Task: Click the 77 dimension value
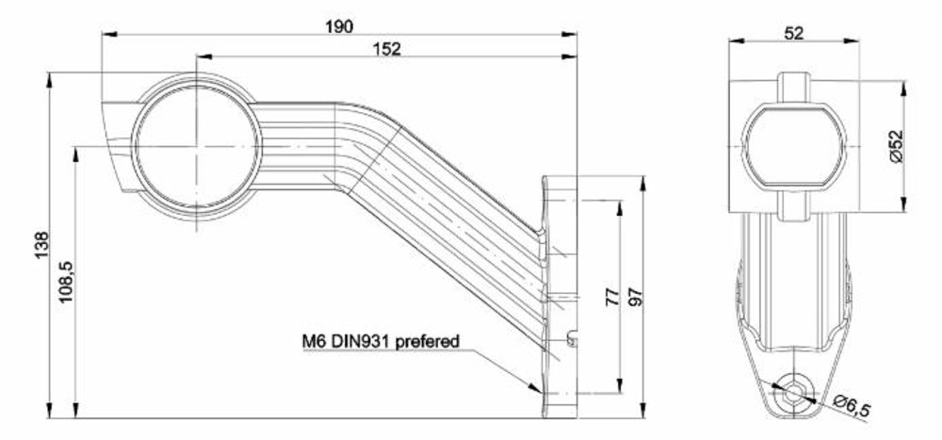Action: (612, 297)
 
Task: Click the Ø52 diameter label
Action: (896, 145)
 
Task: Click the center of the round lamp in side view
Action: (197, 146)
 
